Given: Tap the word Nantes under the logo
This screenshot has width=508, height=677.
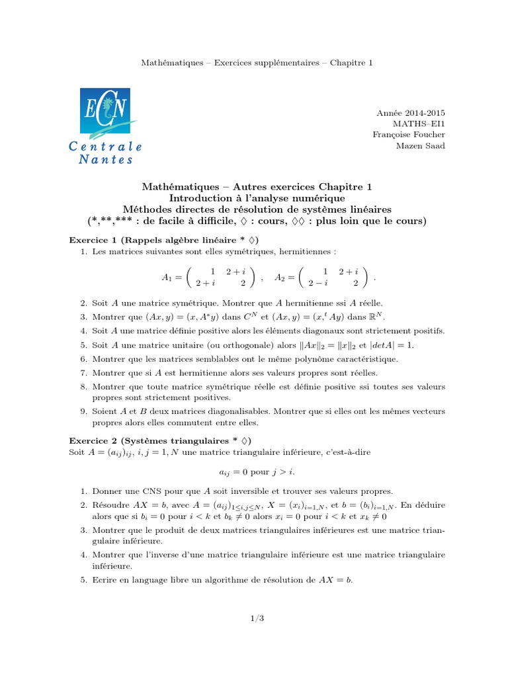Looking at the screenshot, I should (106, 159).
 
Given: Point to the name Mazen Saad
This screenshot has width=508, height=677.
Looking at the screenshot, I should (421, 145).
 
